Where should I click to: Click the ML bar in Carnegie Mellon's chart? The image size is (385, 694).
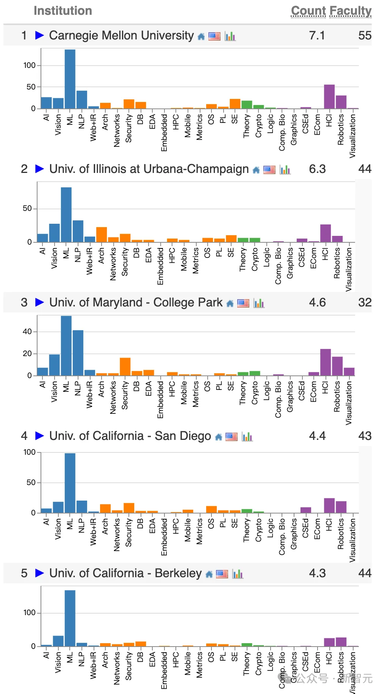coord(70,79)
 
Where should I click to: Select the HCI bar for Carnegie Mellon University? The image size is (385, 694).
coord(329,97)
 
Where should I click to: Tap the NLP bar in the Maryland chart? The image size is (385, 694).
coord(78,353)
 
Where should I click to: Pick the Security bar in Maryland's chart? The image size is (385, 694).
coord(125,366)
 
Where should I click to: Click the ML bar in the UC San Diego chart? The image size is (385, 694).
coord(70,483)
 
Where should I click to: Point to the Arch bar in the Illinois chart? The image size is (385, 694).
coord(101,234)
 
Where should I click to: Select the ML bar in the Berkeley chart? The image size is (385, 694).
coord(70,618)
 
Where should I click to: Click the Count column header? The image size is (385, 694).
coord(308,11)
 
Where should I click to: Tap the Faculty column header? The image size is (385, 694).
coord(351,11)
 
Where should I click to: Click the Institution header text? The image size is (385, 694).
coord(63,11)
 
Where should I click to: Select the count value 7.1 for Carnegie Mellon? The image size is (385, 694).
coord(317,36)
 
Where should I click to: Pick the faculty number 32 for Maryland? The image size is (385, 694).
coord(365,302)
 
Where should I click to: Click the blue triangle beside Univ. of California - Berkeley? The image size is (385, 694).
coord(39,573)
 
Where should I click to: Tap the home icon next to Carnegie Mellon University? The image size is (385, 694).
coord(201,36)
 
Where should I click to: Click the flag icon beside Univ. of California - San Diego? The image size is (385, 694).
coord(231,437)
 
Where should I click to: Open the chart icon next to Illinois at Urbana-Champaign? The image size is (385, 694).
coord(285,170)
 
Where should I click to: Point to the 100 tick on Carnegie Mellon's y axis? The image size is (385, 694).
coord(30,65)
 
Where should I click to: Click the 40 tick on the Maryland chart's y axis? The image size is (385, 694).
coord(27,331)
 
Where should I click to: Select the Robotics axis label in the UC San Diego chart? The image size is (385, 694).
coord(341,534)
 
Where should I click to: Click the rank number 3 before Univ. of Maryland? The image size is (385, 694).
coord(24,302)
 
